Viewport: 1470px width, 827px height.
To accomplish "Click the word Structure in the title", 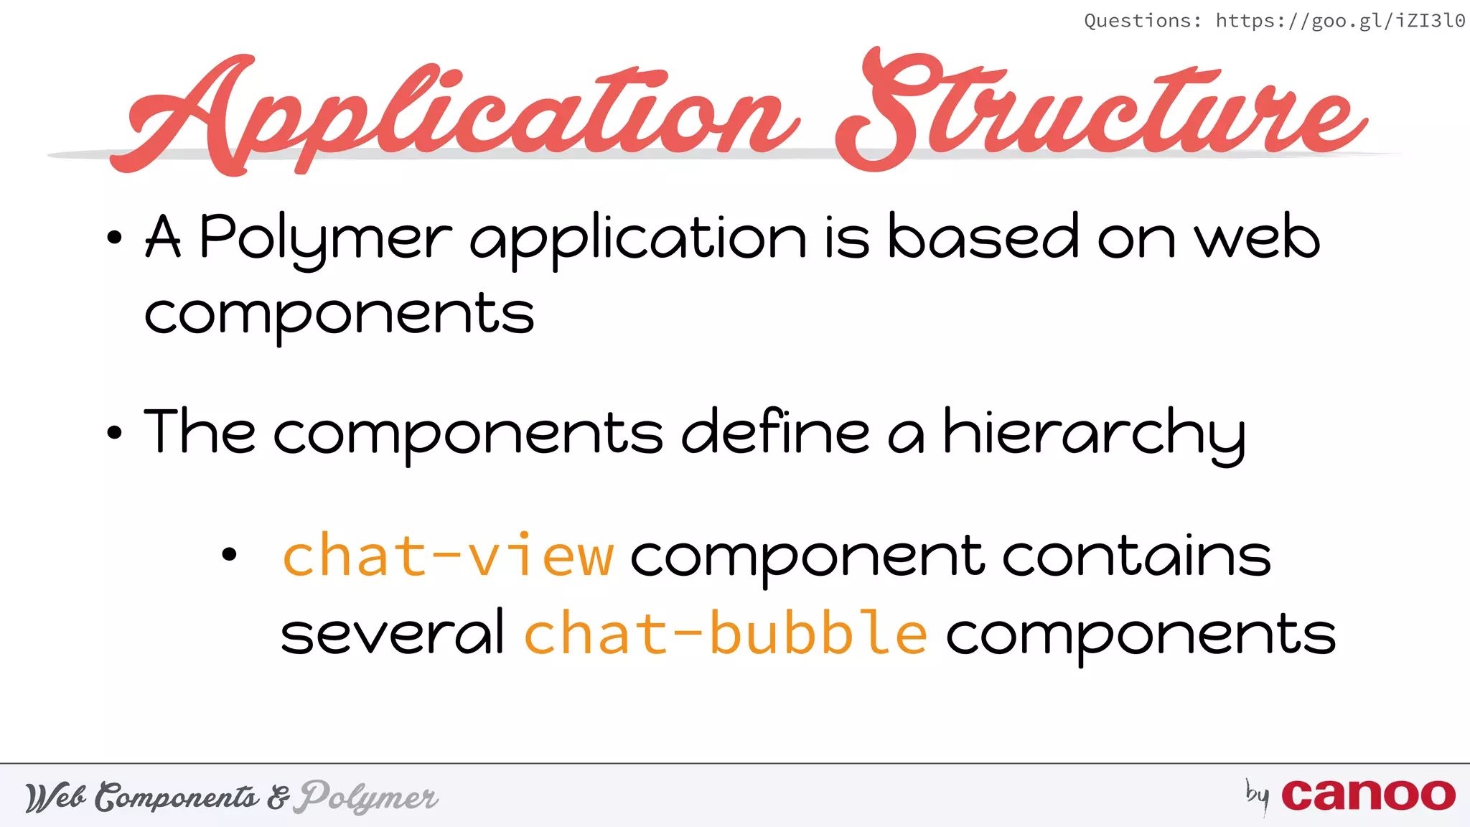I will click(1098, 111).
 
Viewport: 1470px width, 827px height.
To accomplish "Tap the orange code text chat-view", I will click(449, 556).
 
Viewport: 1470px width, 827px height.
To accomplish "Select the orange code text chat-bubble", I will click(725, 633).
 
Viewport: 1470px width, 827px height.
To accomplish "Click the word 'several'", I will click(393, 633).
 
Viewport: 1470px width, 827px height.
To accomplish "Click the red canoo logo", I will click(1368, 795).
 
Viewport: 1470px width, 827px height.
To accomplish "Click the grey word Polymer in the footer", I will click(369, 797).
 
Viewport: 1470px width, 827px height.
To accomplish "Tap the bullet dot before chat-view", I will click(229, 554).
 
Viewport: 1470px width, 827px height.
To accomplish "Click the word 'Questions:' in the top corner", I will click(1142, 21).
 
